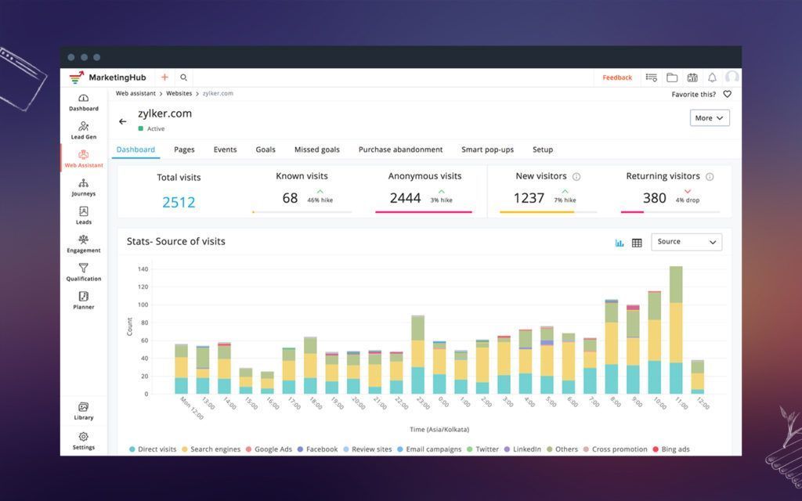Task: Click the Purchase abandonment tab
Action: click(x=400, y=150)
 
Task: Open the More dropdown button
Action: click(x=710, y=118)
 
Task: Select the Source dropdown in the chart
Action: click(x=687, y=242)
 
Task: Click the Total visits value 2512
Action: click(x=179, y=202)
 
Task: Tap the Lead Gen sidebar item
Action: click(x=84, y=130)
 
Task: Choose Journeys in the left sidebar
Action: click(x=84, y=187)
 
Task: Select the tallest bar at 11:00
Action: click(x=676, y=330)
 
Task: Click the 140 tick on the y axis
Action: click(x=143, y=269)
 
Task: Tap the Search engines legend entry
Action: click(x=212, y=449)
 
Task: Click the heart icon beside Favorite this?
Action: click(x=727, y=94)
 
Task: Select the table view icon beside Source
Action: click(x=637, y=243)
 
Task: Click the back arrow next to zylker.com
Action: click(x=123, y=121)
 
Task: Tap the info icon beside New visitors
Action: click(x=576, y=177)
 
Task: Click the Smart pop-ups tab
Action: click(x=487, y=150)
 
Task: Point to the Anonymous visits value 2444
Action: click(x=406, y=198)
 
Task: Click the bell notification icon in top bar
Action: click(x=712, y=77)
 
